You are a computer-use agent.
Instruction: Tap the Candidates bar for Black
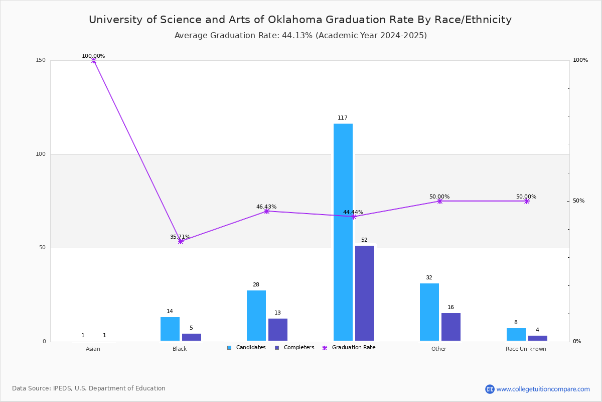pyautogui.click(x=170, y=329)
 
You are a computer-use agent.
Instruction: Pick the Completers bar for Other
pyautogui.click(x=451, y=327)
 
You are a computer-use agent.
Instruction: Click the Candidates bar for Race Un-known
pyautogui.click(x=516, y=335)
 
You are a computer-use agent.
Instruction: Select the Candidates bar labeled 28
pyautogui.click(x=256, y=316)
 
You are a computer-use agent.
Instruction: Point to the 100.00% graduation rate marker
pyautogui.click(x=94, y=60)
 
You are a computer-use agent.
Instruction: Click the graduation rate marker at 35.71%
pyautogui.click(x=181, y=241)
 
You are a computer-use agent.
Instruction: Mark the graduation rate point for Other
pyautogui.click(x=440, y=201)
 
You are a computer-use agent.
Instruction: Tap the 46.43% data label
pyautogui.click(x=266, y=207)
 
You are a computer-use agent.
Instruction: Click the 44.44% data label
pyautogui.click(x=353, y=212)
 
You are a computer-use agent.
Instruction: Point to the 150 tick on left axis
pyautogui.click(x=41, y=60)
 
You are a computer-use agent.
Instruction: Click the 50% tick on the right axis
pyautogui.click(x=579, y=201)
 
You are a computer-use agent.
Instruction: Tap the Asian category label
pyautogui.click(x=93, y=349)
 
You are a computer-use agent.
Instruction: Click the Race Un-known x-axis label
pyautogui.click(x=526, y=349)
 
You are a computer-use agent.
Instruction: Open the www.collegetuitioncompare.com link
pyautogui.click(x=543, y=389)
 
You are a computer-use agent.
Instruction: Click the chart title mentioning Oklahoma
pyautogui.click(x=300, y=20)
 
